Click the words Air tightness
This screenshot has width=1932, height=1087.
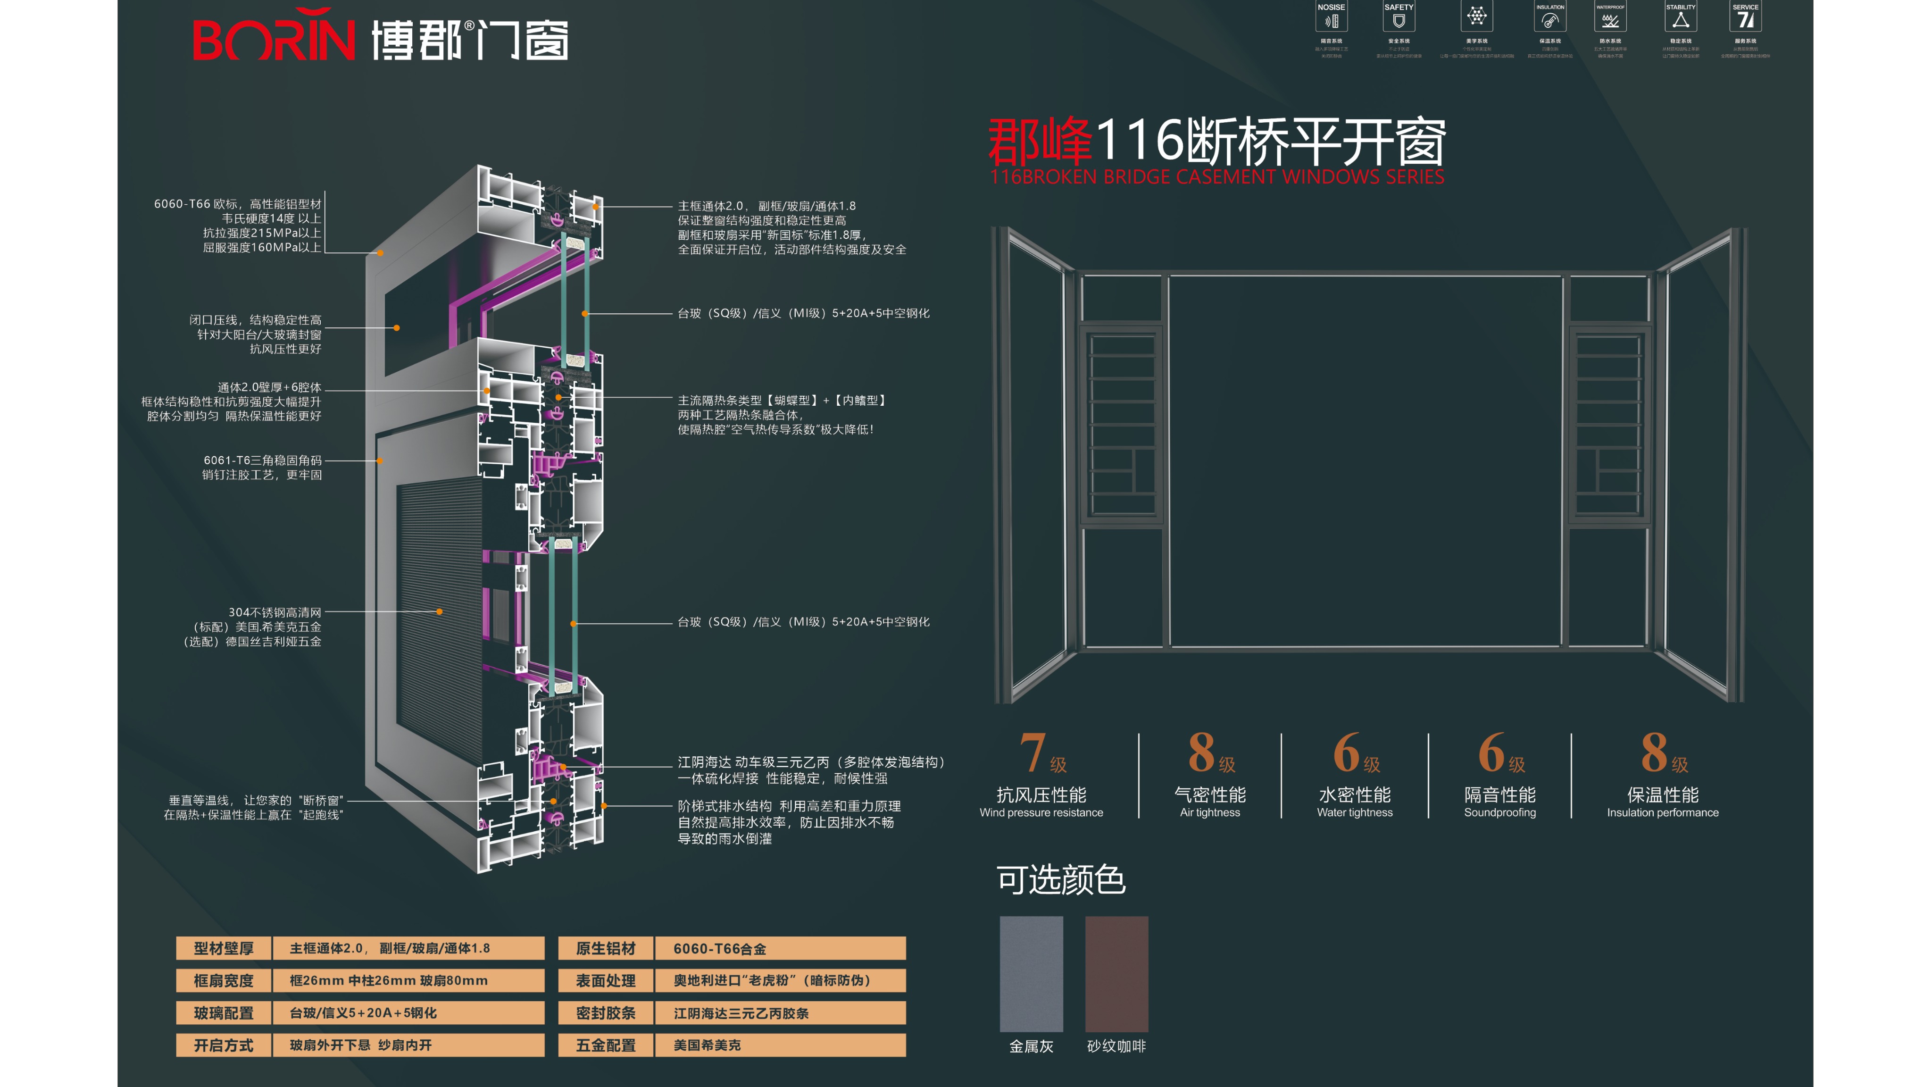[x=1210, y=812]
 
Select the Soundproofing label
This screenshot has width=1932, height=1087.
[x=1500, y=812]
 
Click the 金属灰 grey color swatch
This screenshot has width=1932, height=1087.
[x=1031, y=974]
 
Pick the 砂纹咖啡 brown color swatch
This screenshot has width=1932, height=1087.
[x=1117, y=974]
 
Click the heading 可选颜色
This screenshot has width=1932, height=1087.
[x=1060, y=880]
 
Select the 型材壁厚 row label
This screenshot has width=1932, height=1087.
[x=224, y=948]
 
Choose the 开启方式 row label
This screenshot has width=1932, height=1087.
[x=224, y=1045]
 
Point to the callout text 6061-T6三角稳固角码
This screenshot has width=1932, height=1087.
[x=263, y=460]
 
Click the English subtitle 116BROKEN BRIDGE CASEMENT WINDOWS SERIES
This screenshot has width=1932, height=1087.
[x=1216, y=177]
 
